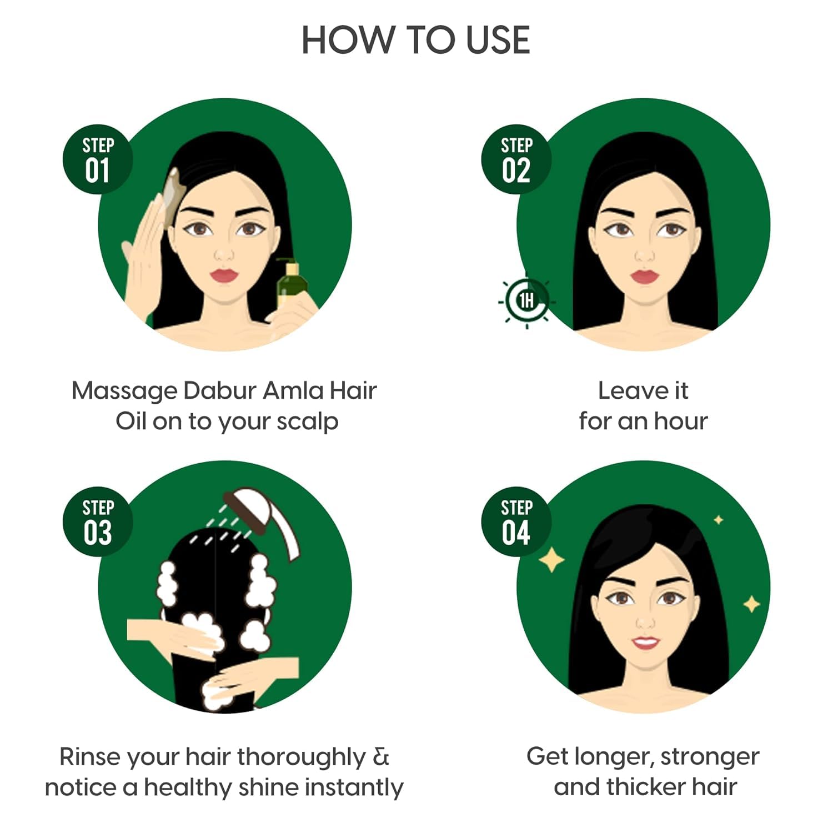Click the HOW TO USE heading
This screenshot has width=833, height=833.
coord(415,40)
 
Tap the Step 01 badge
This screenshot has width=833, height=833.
coord(98,159)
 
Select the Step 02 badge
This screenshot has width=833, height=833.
coord(516,159)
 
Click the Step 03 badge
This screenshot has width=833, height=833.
coord(98,522)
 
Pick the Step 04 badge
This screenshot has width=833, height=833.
coord(516,522)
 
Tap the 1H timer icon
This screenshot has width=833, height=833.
coord(526,300)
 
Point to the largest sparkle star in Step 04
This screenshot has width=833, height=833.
coord(551,560)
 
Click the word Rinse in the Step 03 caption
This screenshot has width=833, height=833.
coord(90,756)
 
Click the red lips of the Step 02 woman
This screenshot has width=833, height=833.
coord(644,276)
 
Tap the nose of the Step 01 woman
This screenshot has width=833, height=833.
coord(224,254)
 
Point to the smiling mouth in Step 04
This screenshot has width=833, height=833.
coord(646,643)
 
